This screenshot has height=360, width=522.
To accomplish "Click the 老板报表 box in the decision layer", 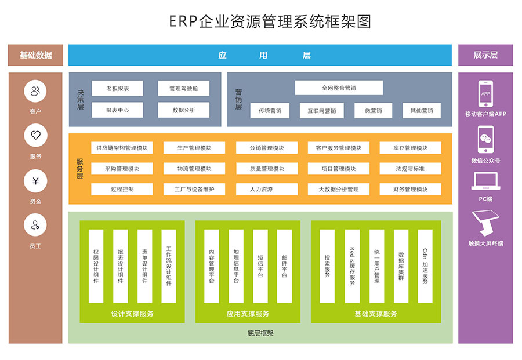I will pyautogui.click(x=117, y=89).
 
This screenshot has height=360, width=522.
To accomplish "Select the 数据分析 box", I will pyautogui.click(x=183, y=110).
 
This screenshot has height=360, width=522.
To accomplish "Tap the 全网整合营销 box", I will pyautogui.click(x=339, y=88).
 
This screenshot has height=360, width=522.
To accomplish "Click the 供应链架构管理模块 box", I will pyautogui.click(x=122, y=148).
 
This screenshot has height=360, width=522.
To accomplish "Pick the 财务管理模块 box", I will pyautogui.click(x=410, y=189).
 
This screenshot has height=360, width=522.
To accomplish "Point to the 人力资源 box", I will pyautogui.click(x=266, y=189).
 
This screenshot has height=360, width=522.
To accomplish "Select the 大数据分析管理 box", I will pyautogui.click(x=338, y=189).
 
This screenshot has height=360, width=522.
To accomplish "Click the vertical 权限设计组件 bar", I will pyautogui.click(x=96, y=266).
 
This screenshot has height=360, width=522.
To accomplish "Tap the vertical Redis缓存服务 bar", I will pyautogui.click(x=352, y=266).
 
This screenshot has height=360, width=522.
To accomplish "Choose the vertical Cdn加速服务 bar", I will pyautogui.click(x=425, y=266).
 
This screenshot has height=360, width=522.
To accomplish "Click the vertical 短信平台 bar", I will pyautogui.click(x=260, y=266).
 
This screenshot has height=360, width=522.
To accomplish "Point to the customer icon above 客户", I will pyautogui.click(x=35, y=91).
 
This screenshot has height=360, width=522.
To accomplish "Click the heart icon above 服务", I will pyautogui.click(x=35, y=136).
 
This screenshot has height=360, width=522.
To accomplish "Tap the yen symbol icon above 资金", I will pyautogui.click(x=35, y=181).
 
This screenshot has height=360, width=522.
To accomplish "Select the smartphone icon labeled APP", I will pyautogui.click(x=485, y=93).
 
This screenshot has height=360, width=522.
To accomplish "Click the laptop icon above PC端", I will pyautogui.click(x=485, y=182).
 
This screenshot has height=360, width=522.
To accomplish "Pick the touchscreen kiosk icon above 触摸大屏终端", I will pyautogui.click(x=485, y=223).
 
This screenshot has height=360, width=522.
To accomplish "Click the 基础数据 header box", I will pyautogui.click(x=35, y=55).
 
